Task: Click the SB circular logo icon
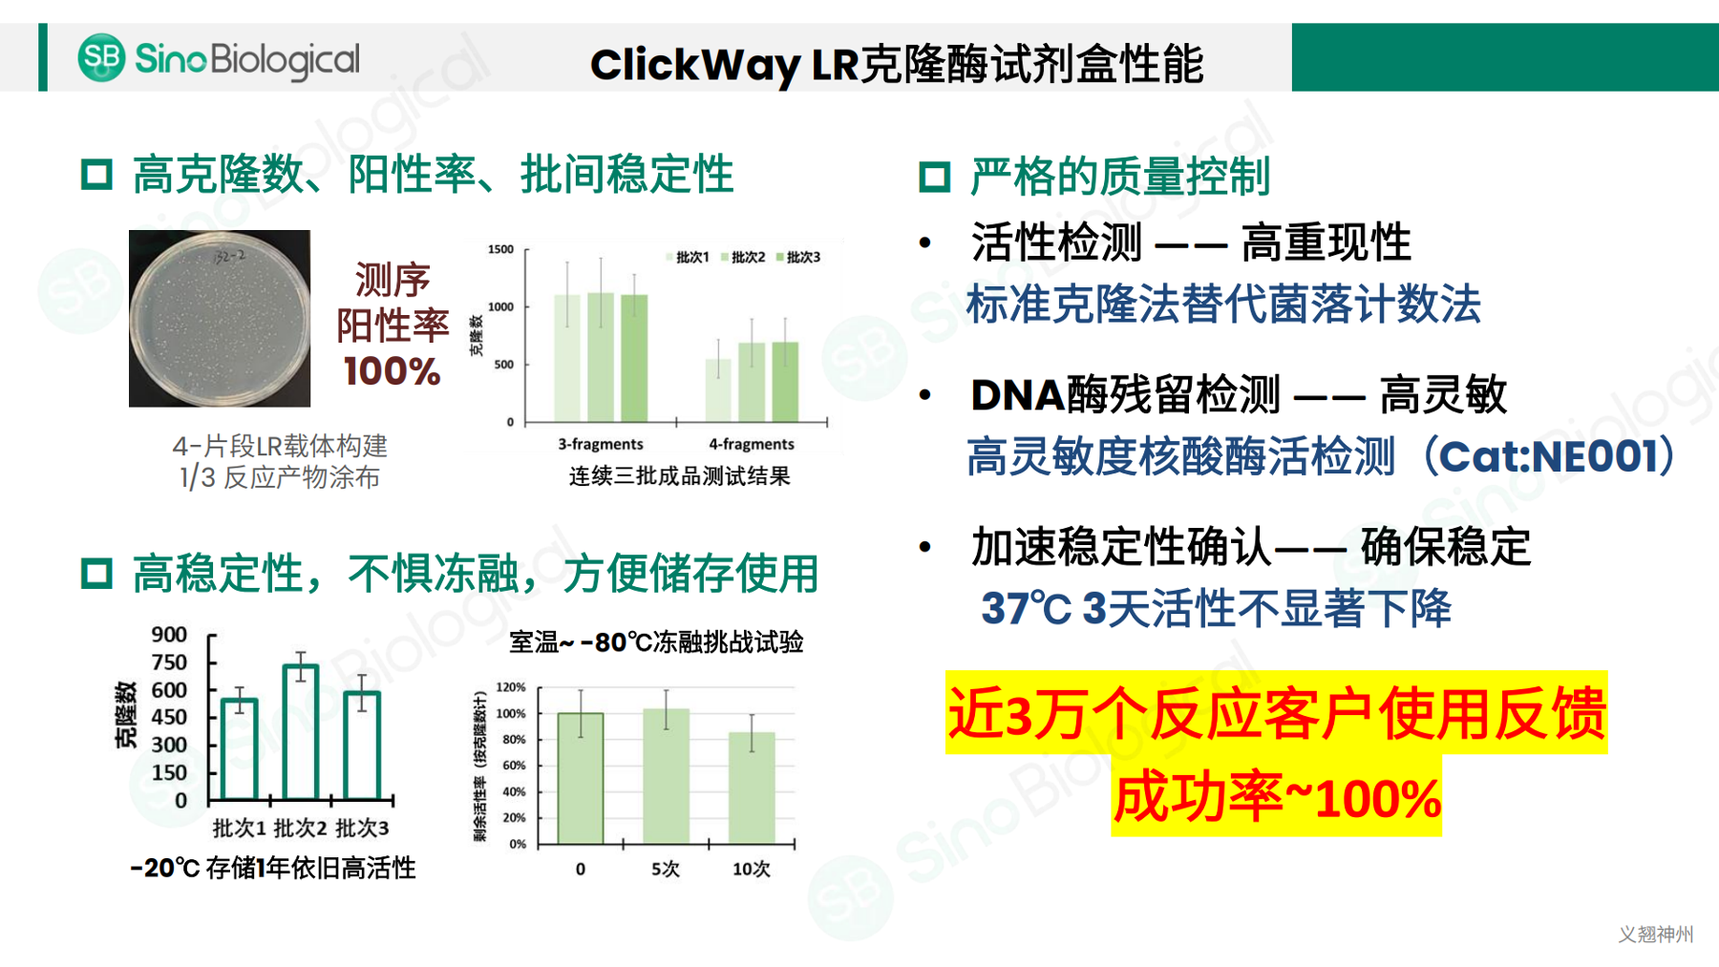[101, 57]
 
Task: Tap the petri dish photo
[220, 318]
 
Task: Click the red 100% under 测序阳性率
[392, 371]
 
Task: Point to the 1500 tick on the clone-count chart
[500, 249]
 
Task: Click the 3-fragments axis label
[601, 444]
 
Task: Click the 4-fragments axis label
[752, 444]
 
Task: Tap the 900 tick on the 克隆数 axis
[169, 635]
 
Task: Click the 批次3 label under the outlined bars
[362, 828]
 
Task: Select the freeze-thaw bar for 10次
[752, 788]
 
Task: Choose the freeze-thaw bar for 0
[581, 778]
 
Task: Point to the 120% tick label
[511, 687]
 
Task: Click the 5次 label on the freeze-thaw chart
[666, 869]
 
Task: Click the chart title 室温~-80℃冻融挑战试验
[656, 642]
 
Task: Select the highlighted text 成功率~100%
[1277, 798]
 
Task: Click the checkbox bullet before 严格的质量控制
[934, 178]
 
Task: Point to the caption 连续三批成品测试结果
[679, 476]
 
